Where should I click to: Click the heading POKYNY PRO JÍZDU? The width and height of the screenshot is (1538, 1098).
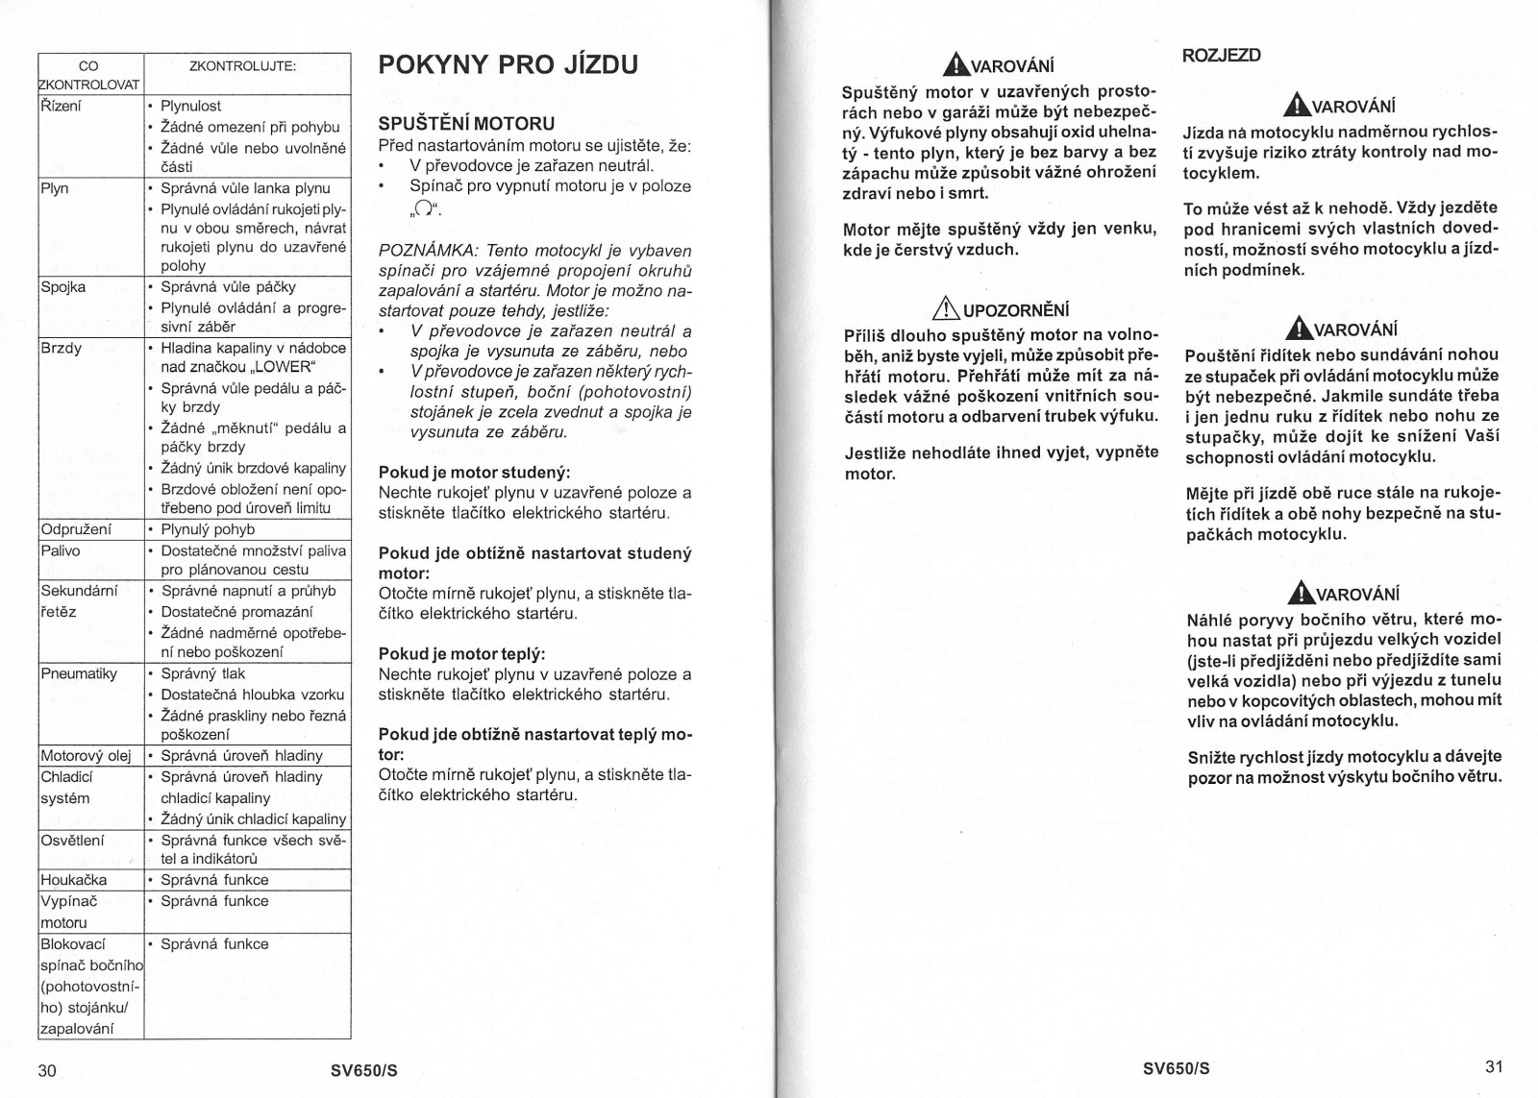click(508, 65)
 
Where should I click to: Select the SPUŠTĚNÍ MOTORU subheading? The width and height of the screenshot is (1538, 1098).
click(466, 123)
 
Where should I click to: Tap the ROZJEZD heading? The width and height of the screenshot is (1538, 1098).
click(1221, 55)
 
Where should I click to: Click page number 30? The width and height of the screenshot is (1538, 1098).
click(47, 1070)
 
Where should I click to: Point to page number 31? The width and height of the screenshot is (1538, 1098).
click(1494, 1065)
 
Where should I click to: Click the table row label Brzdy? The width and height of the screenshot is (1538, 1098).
click(62, 348)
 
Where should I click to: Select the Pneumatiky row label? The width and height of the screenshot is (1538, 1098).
click(79, 673)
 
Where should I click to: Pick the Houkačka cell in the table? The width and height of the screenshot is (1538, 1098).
click(74, 880)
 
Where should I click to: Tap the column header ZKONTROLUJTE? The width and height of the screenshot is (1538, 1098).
click(242, 66)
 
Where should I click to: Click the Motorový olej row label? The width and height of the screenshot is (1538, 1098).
click(87, 756)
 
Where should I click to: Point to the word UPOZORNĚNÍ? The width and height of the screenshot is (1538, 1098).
click(1016, 310)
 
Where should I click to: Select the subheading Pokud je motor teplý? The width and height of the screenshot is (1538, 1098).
click(461, 654)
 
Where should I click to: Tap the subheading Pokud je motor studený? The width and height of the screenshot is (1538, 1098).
click(474, 473)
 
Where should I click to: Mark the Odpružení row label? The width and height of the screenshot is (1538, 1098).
click(76, 529)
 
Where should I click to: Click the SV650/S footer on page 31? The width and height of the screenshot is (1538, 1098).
click(1177, 1068)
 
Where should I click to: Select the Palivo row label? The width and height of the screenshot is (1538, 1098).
click(61, 550)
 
